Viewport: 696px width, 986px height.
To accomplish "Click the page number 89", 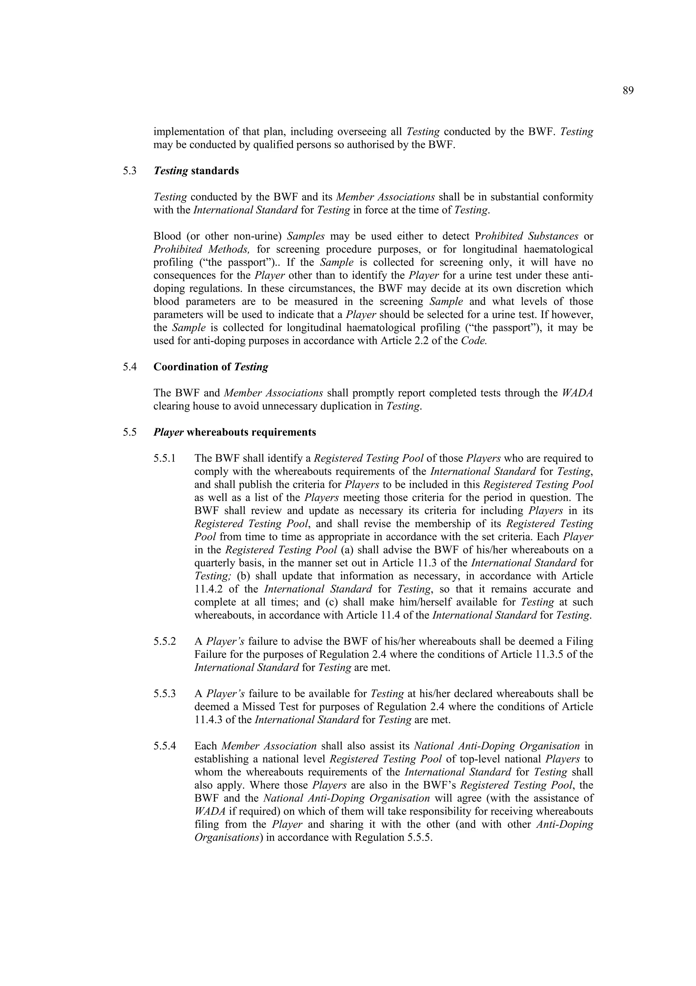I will point(628,91).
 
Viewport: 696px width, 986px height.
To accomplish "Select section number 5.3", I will point(129,171).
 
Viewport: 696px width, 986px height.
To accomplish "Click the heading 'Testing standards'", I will point(196,171).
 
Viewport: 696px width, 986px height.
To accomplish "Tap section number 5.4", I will point(129,367).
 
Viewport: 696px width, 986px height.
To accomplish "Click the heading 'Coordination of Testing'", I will point(211,367).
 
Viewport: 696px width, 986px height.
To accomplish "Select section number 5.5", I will point(129,432).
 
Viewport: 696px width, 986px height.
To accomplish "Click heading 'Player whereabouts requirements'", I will point(234,432).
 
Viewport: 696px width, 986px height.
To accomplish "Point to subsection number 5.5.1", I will point(164,458).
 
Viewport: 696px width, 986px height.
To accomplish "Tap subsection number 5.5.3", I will point(164,694).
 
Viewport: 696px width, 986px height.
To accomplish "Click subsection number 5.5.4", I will point(164,746).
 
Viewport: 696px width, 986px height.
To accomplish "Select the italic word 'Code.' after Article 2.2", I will point(474,341).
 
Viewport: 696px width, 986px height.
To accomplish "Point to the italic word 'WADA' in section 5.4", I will point(577,393).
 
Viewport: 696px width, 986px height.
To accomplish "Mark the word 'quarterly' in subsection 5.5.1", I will point(215,563).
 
